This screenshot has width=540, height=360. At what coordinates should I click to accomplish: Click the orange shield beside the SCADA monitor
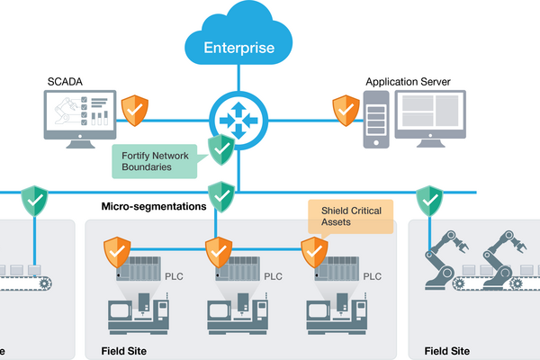[135, 110]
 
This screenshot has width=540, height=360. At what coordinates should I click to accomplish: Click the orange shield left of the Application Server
[346, 110]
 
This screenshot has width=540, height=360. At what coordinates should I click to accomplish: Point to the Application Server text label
[408, 82]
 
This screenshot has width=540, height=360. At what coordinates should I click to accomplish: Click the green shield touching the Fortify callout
[220, 149]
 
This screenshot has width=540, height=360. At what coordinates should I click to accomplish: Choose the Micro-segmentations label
[154, 206]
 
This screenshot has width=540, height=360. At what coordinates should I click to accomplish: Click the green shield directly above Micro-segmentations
[220, 193]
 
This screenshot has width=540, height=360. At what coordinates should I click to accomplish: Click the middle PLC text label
[272, 276]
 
